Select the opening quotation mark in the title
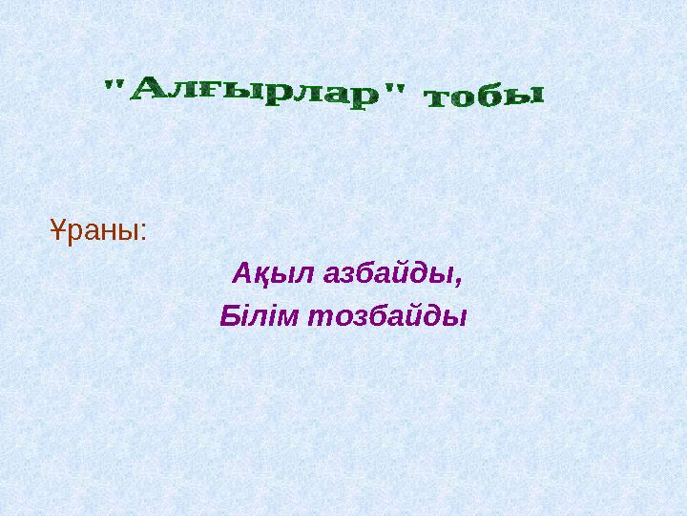pyautogui.click(x=113, y=89)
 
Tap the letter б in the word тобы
pyautogui.click(x=490, y=97)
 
